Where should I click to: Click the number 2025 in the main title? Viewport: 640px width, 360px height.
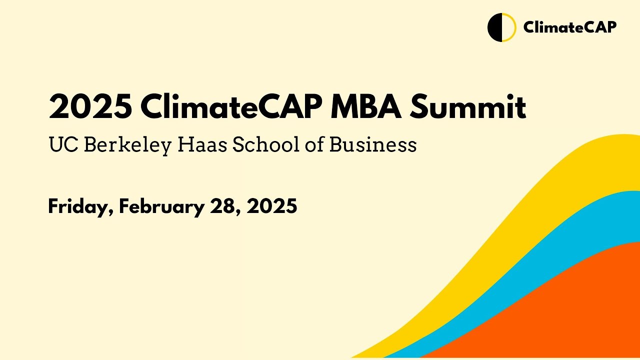(x=90, y=107)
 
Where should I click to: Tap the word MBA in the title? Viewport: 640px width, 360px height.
(x=366, y=107)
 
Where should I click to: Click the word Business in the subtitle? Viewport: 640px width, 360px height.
(x=373, y=145)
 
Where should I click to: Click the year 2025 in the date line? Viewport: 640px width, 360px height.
(x=272, y=206)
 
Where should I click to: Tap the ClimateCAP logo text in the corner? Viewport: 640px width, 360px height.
(x=569, y=27)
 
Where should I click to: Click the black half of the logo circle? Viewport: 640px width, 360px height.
(x=494, y=27)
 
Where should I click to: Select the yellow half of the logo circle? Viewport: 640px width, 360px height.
(x=508, y=27)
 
